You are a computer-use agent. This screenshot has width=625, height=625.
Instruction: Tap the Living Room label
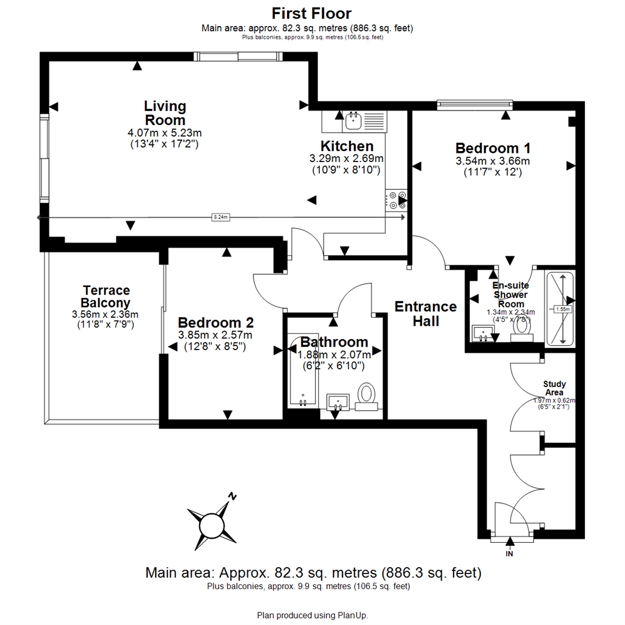pyautogui.click(x=165, y=113)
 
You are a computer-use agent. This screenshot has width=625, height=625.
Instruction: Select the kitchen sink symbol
pyautogui.click(x=352, y=121)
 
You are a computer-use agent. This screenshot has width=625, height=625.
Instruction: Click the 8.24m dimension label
pyautogui.click(x=222, y=217)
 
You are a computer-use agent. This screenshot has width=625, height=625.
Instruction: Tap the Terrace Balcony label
pyautogui.click(x=106, y=296)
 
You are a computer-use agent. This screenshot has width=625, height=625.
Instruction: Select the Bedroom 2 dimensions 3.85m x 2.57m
pyautogui.click(x=215, y=335)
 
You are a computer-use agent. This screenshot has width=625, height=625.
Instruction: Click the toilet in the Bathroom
pyautogui.click(x=366, y=395)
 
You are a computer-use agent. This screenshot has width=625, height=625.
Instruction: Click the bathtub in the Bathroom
pyautogui.click(x=302, y=371)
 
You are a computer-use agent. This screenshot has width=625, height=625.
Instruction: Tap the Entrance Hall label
pyautogui.click(x=425, y=313)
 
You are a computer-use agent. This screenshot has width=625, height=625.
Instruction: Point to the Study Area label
pyautogui.click(x=555, y=388)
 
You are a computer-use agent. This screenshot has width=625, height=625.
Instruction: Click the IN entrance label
pyautogui.click(x=510, y=553)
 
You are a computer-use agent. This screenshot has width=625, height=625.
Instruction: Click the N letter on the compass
pyautogui.click(x=233, y=496)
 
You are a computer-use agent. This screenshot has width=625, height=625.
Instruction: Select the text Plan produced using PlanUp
pyautogui.click(x=312, y=615)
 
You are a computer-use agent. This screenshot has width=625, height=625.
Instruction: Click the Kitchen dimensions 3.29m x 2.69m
pyautogui.click(x=347, y=158)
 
